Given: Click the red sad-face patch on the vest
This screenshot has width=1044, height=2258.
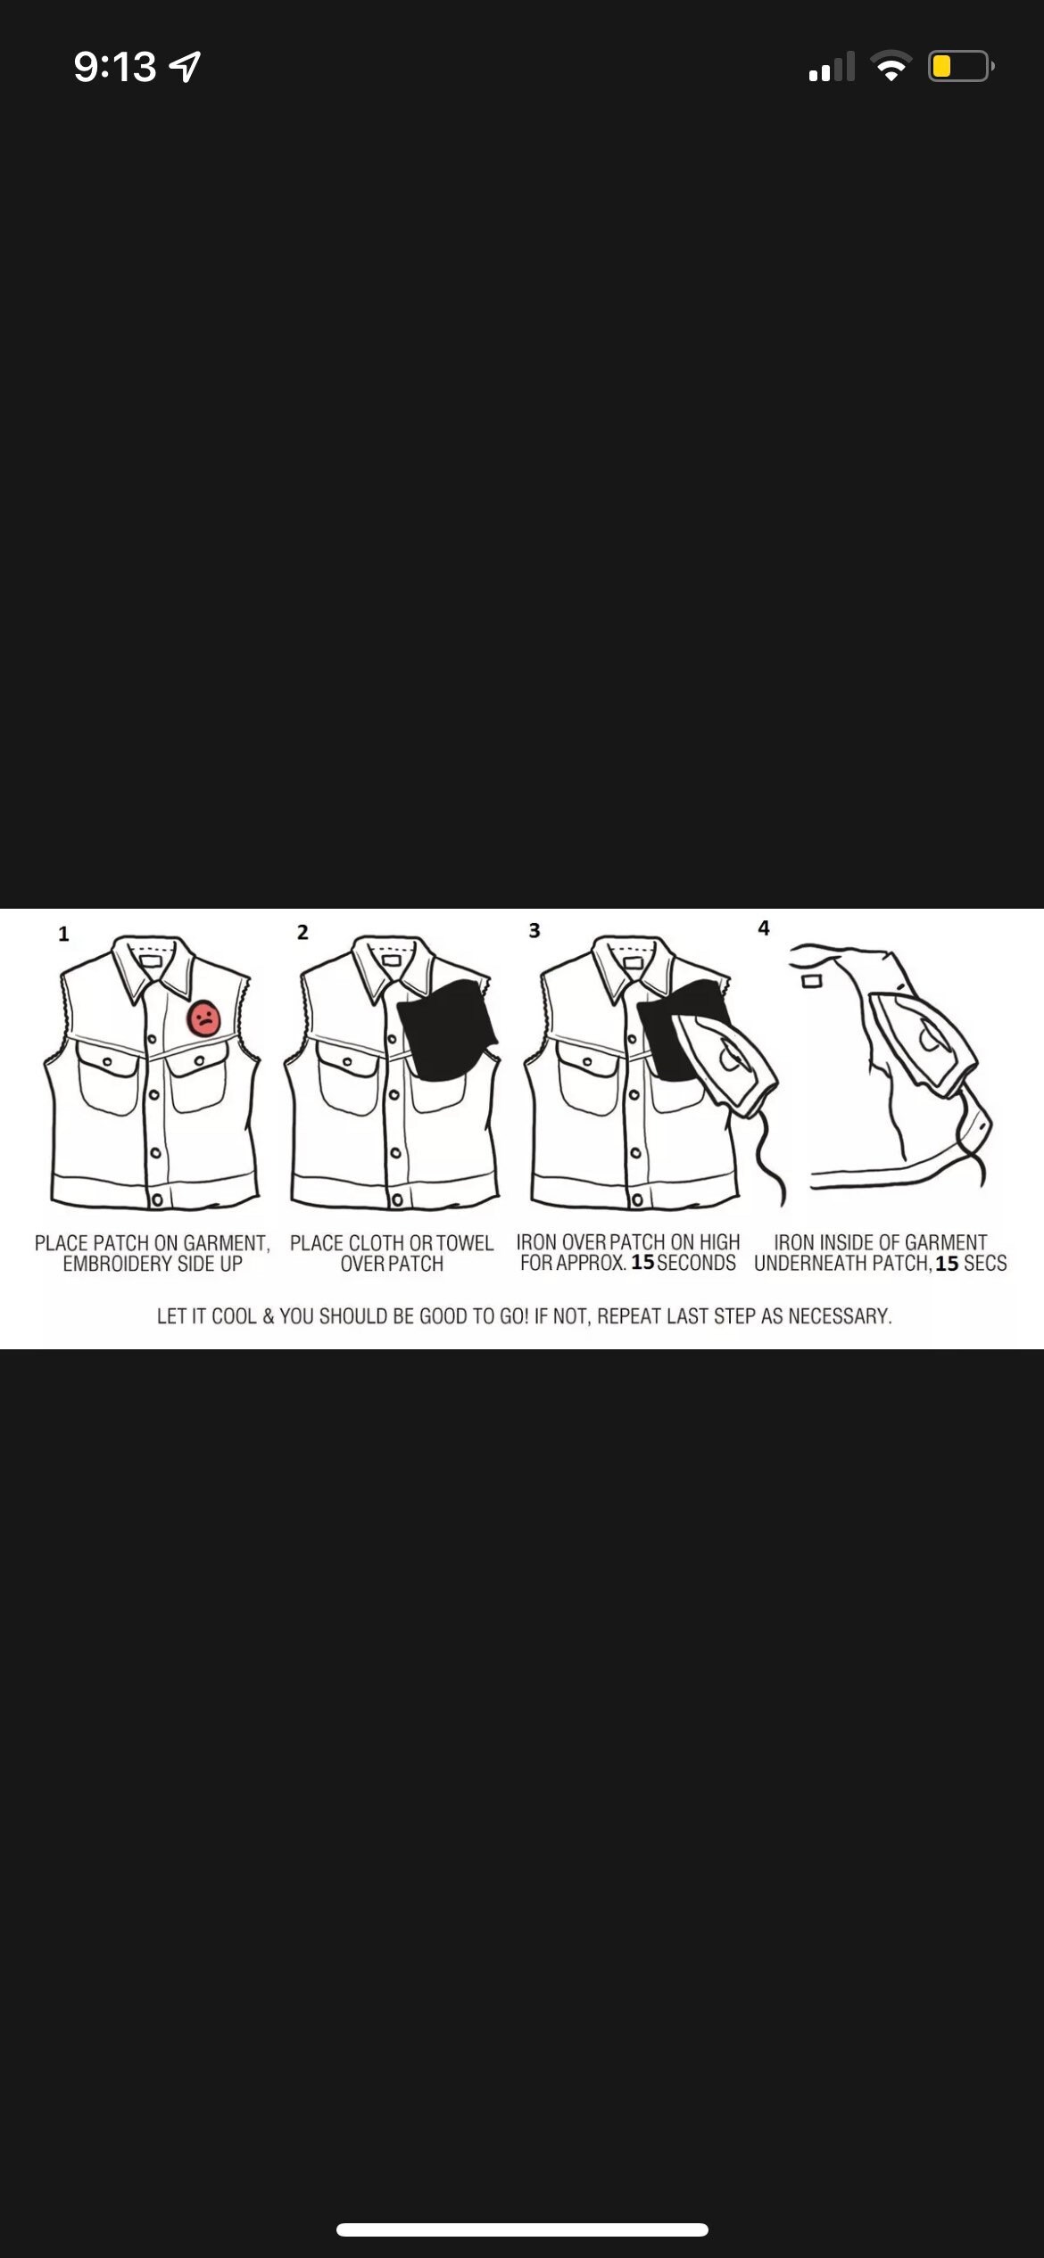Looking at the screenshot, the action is tap(204, 1018).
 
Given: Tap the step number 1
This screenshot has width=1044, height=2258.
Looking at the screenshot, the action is tap(63, 934).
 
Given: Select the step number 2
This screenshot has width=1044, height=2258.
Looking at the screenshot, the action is tap(302, 933).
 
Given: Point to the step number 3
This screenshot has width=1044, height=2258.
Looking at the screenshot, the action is tap(534, 931).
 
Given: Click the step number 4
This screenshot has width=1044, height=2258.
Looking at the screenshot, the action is tap(764, 928).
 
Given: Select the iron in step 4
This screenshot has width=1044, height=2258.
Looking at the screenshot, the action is tap(924, 1044).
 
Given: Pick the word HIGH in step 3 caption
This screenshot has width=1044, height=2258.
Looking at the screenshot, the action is tap(719, 1241).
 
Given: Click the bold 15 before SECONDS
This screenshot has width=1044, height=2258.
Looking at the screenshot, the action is tap(642, 1263).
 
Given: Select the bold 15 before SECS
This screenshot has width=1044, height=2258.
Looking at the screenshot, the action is tap(947, 1264).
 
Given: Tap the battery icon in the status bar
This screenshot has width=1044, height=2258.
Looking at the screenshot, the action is tap(961, 66).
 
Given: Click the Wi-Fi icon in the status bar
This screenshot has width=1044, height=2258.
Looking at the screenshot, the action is tap(890, 66).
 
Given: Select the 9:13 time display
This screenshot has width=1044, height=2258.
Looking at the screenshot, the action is tap(115, 67).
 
